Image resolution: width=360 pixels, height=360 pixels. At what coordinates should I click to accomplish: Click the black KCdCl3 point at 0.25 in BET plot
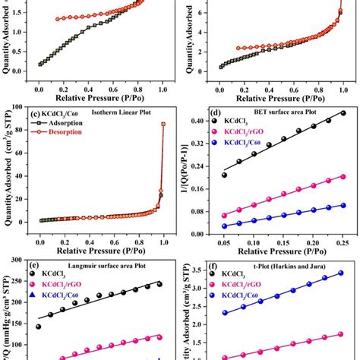click(343, 112)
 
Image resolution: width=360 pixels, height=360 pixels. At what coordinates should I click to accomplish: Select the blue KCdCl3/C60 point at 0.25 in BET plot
click(343, 206)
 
